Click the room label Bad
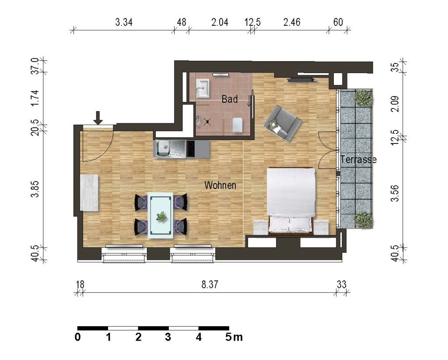click(x=229, y=99)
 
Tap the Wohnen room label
click(x=220, y=185)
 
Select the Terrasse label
click(x=358, y=159)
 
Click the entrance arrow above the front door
click(x=98, y=118)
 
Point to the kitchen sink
click(x=171, y=149)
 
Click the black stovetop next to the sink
click(x=190, y=149)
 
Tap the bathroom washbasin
click(x=203, y=88)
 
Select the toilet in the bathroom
click(x=238, y=125)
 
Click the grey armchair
click(x=282, y=123)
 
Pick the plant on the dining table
click(x=161, y=216)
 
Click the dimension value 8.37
click(x=210, y=285)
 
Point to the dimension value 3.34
click(x=124, y=22)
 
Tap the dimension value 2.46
click(x=292, y=22)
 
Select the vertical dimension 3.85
click(x=35, y=189)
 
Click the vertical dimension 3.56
click(x=395, y=193)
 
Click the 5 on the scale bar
click(x=229, y=337)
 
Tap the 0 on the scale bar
click(x=77, y=337)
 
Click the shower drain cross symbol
click(x=207, y=122)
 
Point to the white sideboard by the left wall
click(x=89, y=193)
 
